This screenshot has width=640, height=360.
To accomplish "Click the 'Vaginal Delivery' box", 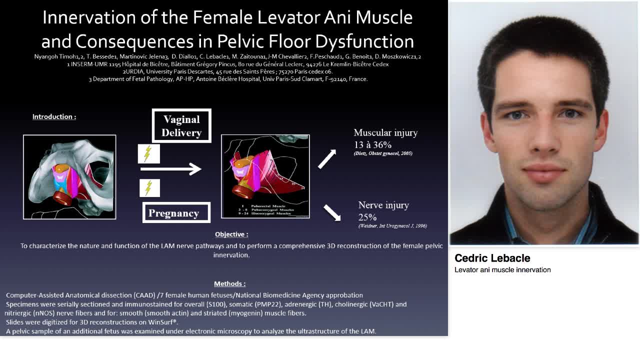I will [x=181, y=126].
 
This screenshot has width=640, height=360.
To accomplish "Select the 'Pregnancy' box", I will [x=176, y=213].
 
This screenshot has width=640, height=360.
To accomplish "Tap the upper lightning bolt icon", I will [x=148, y=154].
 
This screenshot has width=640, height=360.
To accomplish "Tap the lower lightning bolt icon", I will [x=149, y=188].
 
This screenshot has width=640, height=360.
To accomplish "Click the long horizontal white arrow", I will [x=170, y=169].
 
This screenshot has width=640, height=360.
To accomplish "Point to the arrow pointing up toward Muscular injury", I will [x=327, y=159].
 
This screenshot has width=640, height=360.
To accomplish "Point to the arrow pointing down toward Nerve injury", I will [x=332, y=212].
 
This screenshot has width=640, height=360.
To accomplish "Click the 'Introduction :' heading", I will [x=54, y=116].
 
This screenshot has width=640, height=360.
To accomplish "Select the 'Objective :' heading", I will [x=231, y=234].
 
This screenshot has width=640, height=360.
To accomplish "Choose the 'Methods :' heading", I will [x=229, y=283].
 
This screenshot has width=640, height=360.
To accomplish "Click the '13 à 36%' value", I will [x=372, y=144].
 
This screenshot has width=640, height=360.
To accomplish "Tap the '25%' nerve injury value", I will [x=367, y=217].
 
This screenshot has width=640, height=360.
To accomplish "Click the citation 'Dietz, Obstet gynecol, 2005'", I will [x=383, y=153].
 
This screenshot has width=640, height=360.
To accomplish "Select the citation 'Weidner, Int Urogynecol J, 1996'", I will [x=392, y=226].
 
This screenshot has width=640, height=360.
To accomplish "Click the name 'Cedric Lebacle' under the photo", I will [x=492, y=258].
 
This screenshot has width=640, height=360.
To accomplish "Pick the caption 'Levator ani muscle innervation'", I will [x=502, y=270].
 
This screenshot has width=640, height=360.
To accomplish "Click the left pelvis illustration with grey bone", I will [x=69, y=177].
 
